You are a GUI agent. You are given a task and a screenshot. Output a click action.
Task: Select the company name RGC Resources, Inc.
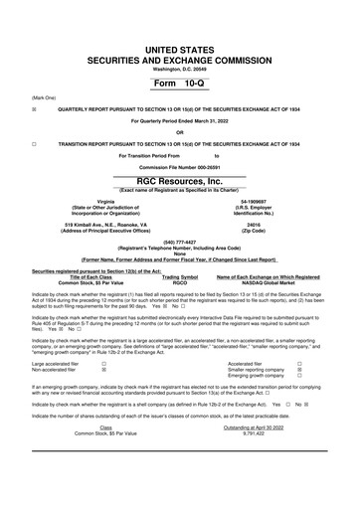180,182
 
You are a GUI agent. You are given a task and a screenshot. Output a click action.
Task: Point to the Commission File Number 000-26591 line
180,166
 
